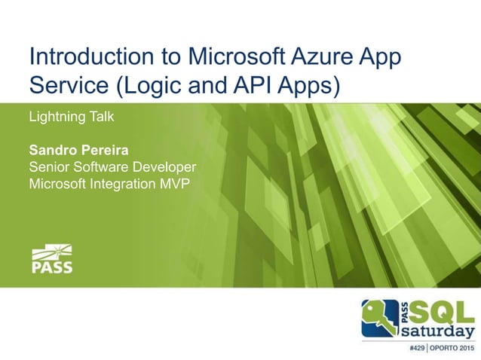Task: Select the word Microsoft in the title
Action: tap(219, 57)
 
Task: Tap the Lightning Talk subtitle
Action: tap(70, 117)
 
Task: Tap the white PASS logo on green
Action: tap(52, 258)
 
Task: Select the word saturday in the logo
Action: tap(437, 331)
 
